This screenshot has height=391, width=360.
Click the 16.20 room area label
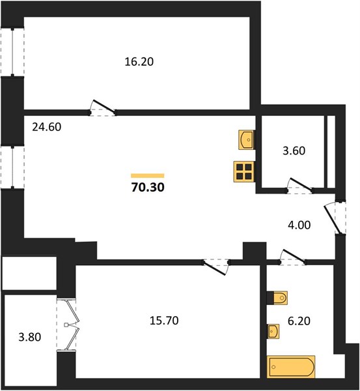pyautogui.click(x=139, y=62)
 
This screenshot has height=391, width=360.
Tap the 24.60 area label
pyautogui.click(x=47, y=127)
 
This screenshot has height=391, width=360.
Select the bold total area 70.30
pyautogui.click(x=148, y=188)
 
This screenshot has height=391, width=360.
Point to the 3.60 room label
pyautogui.click(x=294, y=151)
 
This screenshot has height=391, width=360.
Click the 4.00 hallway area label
pyautogui.click(x=299, y=225)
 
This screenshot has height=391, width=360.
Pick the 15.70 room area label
pyautogui.click(x=164, y=321)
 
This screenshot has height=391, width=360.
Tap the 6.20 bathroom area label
pyautogui.click(x=299, y=321)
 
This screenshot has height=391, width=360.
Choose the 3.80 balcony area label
pyautogui.click(x=30, y=337)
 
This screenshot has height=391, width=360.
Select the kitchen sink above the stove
pyautogui.click(x=246, y=140)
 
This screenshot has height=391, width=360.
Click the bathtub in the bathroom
pyautogui.click(x=291, y=366)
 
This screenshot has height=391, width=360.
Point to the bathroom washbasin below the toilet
pyautogui.click(x=273, y=331)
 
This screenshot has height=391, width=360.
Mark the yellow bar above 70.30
pyautogui.click(x=148, y=175)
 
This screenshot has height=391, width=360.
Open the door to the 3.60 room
pyautogui.click(x=299, y=185)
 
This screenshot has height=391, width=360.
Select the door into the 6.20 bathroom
pyautogui.click(x=293, y=256)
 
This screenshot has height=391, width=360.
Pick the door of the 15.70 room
pyautogui.click(x=215, y=267)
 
